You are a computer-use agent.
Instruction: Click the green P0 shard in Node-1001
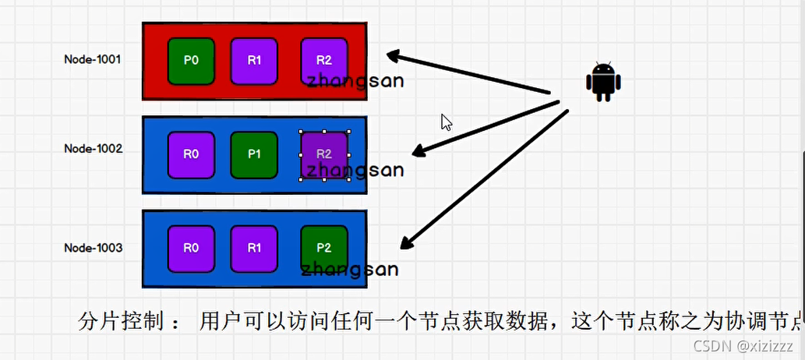tap(191, 61)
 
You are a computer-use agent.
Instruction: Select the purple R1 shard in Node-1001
tap(254, 61)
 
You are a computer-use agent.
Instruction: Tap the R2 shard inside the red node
tap(324, 59)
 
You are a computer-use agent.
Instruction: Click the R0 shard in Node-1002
tap(191, 154)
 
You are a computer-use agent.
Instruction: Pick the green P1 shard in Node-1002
tap(254, 154)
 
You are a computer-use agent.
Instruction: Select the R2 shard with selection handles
tap(324, 154)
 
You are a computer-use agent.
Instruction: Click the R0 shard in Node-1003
tap(191, 249)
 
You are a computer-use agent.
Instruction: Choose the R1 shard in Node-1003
tap(254, 249)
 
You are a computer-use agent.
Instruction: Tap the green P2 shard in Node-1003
tap(324, 248)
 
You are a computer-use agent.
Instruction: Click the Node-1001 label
tap(92, 59)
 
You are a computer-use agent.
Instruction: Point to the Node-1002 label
tap(92, 149)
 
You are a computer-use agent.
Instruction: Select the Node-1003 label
tap(92, 248)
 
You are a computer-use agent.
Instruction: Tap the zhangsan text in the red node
tap(355, 79)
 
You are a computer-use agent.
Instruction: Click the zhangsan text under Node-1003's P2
tap(350, 270)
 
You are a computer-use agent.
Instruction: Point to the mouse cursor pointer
tap(446, 122)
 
